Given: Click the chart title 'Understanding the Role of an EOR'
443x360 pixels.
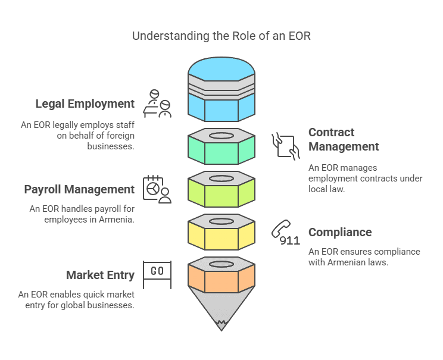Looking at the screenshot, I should pyautogui.click(x=221, y=36).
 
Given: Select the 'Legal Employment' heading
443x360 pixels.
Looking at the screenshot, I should pyautogui.click(x=85, y=104).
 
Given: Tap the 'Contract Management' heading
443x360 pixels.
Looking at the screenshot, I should pyautogui.click(x=344, y=139).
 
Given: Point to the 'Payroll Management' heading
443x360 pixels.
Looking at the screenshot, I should pyautogui.click(x=79, y=189).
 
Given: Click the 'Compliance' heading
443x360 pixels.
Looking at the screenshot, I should pyautogui.click(x=340, y=232).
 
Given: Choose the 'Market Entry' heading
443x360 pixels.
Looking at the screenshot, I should pyautogui.click(x=100, y=275).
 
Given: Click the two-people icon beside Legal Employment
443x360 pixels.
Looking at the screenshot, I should pyautogui.click(x=158, y=104).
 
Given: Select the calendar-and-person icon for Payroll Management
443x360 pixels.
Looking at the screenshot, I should pyautogui.click(x=157, y=189).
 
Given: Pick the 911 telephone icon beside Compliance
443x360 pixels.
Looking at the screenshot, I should pyautogui.click(x=285, y=233).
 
